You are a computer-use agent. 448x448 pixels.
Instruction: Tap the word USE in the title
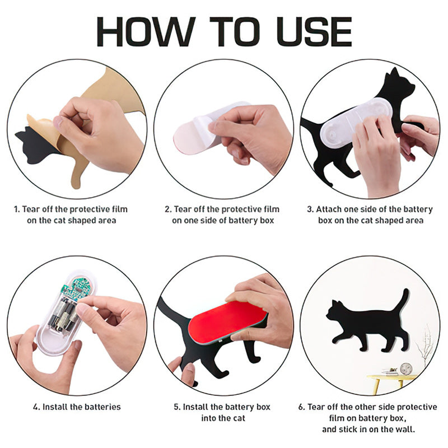tap(314, 31)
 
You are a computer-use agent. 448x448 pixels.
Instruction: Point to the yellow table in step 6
tap(391, 380)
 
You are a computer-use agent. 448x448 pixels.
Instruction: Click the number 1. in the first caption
tap(17, 209)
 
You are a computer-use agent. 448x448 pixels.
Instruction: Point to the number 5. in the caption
tap(177, 407)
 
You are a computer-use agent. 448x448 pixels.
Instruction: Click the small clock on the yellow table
tap(406, 368)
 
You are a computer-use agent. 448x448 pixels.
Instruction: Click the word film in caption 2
tap(272, 209)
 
